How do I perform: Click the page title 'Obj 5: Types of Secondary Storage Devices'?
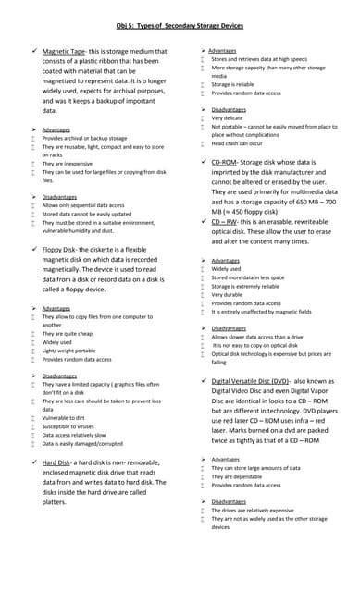[180, 26]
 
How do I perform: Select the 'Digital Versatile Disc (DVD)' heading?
[251, 381]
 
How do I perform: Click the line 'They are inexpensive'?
[66, 163]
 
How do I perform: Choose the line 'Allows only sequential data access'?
[83, 204]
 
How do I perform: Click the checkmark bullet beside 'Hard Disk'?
[33, 462]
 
